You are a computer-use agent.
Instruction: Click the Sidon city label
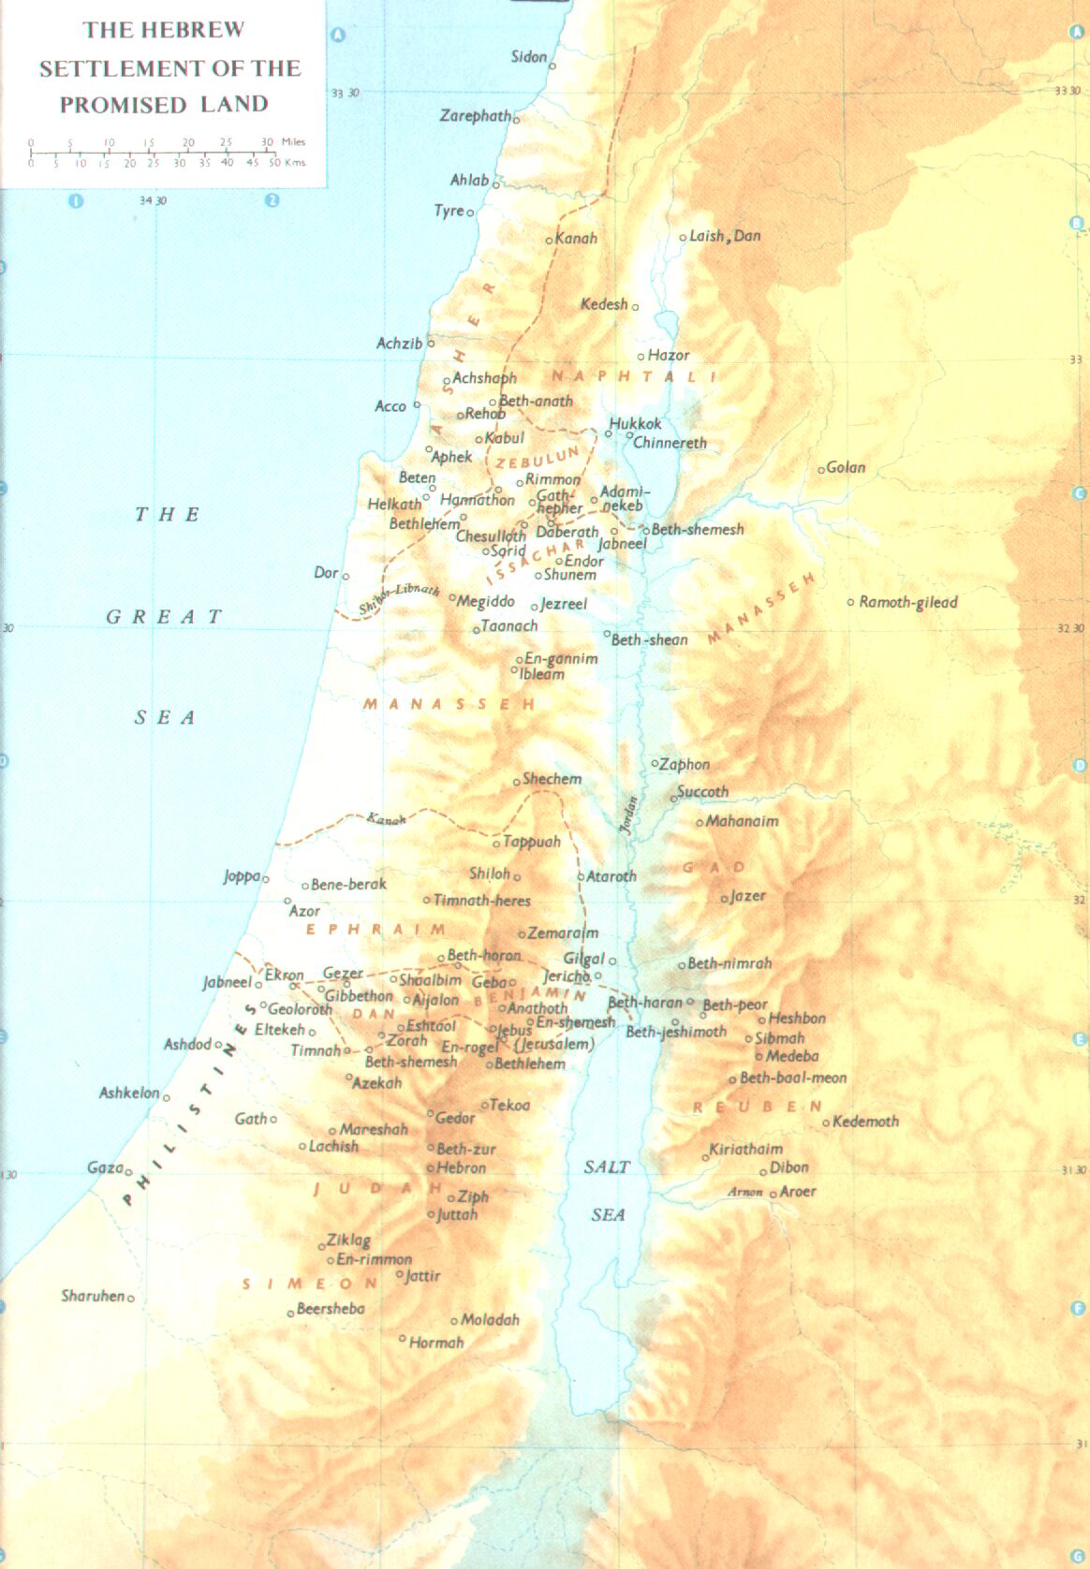[x=529, y=57]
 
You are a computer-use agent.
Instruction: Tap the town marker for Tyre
[x=470, y=213]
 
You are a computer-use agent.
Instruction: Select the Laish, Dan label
[x=725, y=236]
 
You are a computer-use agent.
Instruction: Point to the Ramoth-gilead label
[x=908, y=602]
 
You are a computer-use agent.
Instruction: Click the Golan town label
[x=846, y=467]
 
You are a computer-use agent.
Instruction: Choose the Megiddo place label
[x=486, y=601]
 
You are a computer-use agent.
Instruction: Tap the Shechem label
[x=552, y=779]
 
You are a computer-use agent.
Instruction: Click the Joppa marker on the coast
[x=266, y=879]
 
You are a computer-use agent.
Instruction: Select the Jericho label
[x=566, y=976]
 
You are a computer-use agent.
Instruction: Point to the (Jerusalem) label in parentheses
[x=554, y=1044]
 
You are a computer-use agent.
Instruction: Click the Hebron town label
[x=461, y=1168]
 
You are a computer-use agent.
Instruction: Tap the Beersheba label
[x=331, y=1309]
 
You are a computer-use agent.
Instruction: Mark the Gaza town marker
[x=128, y=1171]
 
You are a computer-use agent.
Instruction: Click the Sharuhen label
[x=93, y=1296]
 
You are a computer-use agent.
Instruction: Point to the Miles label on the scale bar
[x=294, y=142]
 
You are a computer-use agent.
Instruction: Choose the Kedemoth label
[x=865, y=1121]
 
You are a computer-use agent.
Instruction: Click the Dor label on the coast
[x=326, y=572]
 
